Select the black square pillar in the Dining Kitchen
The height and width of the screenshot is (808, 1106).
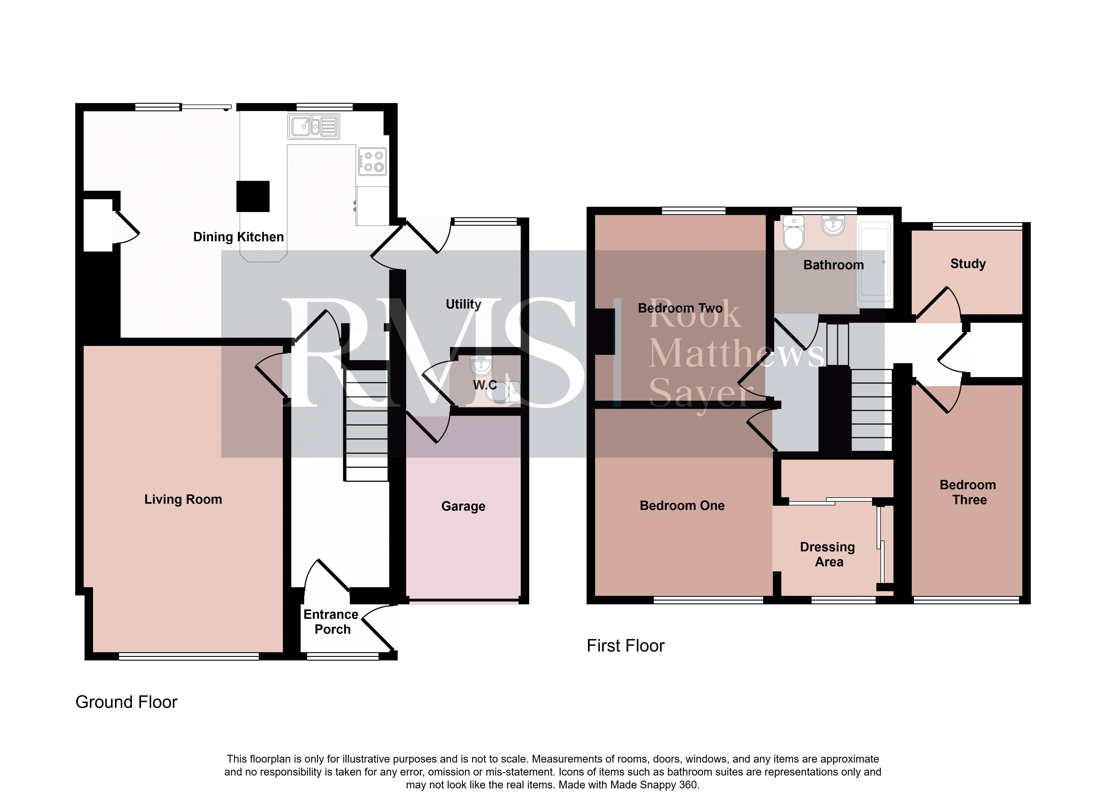253,196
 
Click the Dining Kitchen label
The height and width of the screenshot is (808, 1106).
239,237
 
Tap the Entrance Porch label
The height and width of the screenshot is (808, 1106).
332,622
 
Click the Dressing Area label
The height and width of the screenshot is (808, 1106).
828,554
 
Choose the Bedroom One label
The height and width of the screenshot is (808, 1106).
682,506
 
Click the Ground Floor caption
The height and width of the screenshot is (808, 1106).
126,702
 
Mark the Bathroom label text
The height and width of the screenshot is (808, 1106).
834,265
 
